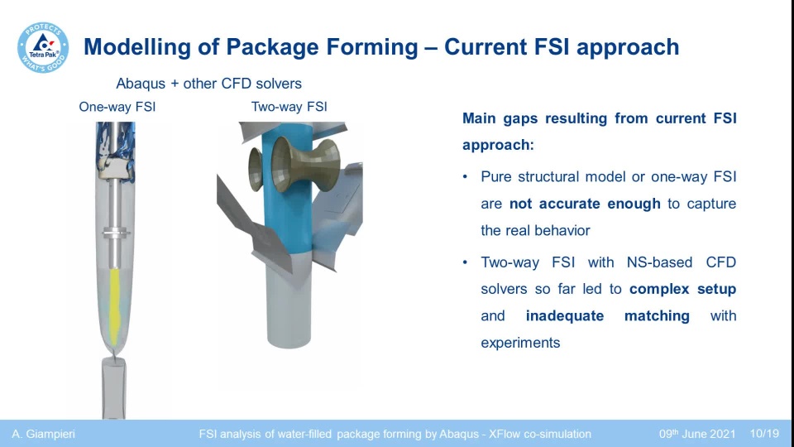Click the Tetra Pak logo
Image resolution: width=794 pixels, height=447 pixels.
tap(43, 47)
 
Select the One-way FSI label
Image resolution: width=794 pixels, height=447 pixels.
tap(117, 107)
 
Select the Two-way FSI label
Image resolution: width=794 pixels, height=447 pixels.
tap(289, 107)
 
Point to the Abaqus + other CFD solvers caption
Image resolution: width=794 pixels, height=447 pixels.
tap(208, 84)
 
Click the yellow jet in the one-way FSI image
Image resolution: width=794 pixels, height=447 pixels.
tap(115, 307)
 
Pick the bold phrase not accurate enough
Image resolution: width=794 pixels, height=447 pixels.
tap(585, 204)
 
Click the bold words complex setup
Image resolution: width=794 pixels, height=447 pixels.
tap(682, 290)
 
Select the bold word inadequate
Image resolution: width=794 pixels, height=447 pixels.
tap(565, 316)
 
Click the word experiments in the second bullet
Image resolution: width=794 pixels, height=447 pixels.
tap(520, 343)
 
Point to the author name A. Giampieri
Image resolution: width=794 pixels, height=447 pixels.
tap(44, 434)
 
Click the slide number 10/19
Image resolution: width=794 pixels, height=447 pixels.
tap(764, 434)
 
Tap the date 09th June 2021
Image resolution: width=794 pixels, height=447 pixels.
tap(697, 434)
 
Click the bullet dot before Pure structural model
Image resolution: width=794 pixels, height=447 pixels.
tap(465, 177)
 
